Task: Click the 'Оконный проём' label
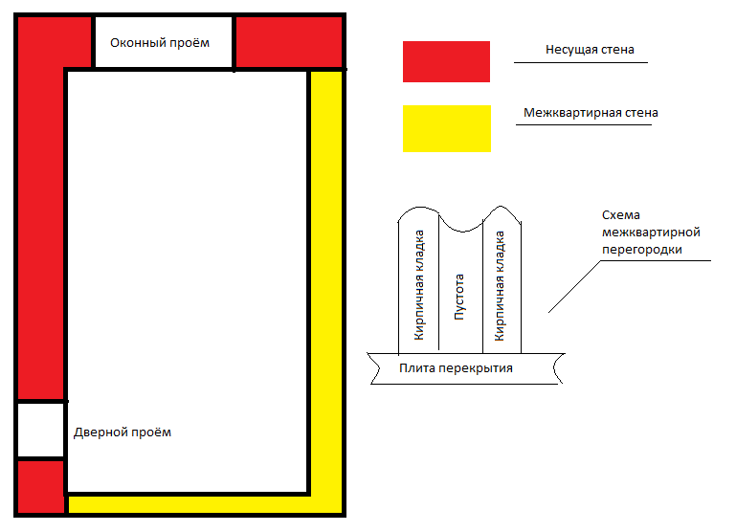point(159,43)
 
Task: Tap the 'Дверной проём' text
point(123,432)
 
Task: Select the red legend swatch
point(446,61)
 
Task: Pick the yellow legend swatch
point(446,128)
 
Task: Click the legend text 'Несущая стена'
point(590,49)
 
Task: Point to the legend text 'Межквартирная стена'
point(591,113)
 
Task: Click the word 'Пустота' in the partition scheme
point(459,297)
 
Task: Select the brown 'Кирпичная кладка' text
point(419,286)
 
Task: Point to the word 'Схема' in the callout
point(620,215)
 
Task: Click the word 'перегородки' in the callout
point(641,249)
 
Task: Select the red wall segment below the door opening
point(40,486)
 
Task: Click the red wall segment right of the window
point(288,42)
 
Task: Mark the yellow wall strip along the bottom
point(191,504)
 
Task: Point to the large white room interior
point(188,277)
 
